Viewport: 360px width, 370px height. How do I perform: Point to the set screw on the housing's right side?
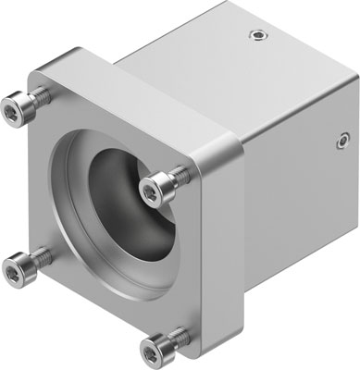pos(341,142)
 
